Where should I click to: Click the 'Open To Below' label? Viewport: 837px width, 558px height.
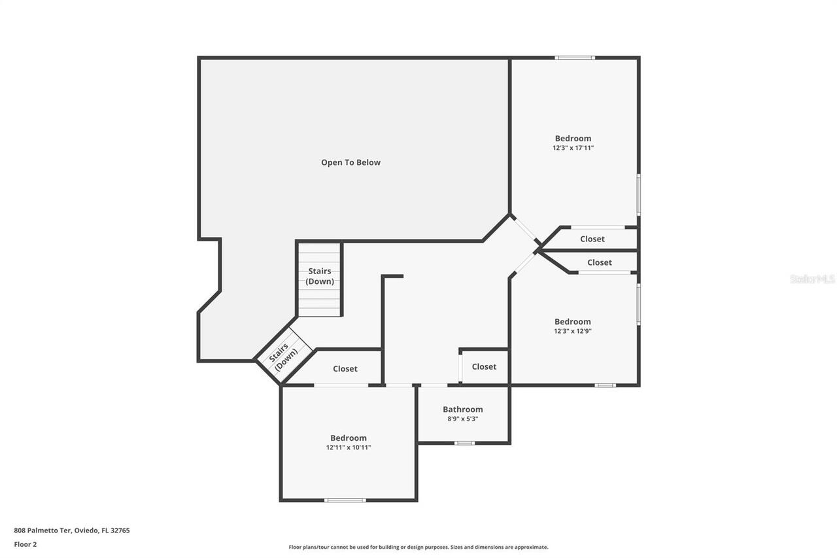[x=350, y=162]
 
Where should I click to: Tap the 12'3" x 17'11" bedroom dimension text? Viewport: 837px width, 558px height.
[x=573, y=148]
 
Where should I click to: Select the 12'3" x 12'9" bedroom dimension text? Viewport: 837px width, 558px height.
[x=573, y=332]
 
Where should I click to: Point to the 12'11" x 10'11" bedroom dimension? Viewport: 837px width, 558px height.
[x=349, y=448]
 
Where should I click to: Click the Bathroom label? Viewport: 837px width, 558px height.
[x=463, y=410]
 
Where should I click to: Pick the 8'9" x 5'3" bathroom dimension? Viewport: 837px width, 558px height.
[x=463, y=419]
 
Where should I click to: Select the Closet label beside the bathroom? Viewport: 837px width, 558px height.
[x=484, y=366]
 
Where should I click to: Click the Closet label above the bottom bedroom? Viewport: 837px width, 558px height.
[x=345, y=369]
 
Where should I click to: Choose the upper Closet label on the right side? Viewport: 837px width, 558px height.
[x=592, y=239]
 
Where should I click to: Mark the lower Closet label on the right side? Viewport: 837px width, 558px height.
[x=600, y=262]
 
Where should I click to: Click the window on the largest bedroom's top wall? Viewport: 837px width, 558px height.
[x=575, y=58]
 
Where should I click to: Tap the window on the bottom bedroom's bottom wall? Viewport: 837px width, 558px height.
[x=345, y=500]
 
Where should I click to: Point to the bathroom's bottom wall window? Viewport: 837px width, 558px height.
[x=464, y=443]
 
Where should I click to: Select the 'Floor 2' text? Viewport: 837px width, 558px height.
[x=26, y=544]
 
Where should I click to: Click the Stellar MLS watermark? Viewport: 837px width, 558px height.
[x=812, y=279]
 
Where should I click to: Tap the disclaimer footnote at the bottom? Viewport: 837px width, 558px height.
[x=418, y=547]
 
